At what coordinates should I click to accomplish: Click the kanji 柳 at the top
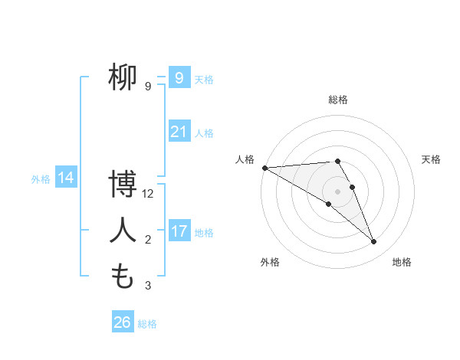coord(122,78)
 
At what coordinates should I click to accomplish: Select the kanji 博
coord(122,185)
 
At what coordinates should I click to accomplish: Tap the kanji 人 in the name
coord(122,231)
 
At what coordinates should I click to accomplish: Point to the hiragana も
coord(122,276)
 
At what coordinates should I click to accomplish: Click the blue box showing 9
coord(179,77)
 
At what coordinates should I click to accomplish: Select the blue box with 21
coord(179,132)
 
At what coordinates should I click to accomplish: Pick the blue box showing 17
coord(179,231)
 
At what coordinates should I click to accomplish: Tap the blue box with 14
coord(66,178)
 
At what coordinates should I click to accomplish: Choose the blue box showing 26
coord(122,322)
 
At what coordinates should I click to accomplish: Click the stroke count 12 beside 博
coord(148,195)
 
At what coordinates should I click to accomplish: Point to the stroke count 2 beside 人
coord(148,240)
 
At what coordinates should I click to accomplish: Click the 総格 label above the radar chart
coord(337,100)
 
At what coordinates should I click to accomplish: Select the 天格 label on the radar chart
coord(431,159)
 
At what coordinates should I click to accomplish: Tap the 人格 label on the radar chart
coord(245,159)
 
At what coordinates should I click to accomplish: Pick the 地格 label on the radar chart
coord(402,262)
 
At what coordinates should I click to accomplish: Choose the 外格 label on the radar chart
coord(270,262)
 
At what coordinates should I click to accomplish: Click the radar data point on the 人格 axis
coord(264,168)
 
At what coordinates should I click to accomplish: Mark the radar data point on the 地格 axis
coord(373,242)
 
